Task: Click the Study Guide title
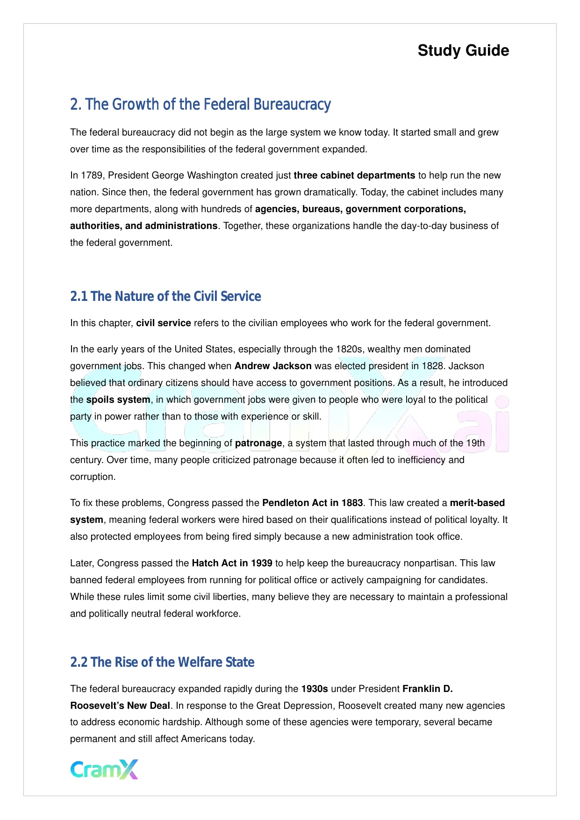pos(463,50)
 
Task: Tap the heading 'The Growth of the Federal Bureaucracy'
pos(200,104)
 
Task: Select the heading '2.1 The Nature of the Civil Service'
pos(165,296)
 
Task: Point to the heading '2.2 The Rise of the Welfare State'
pos(162,662)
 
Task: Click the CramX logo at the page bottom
pos(104,769)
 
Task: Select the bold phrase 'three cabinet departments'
pos(354,176)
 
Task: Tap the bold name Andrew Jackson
pos(273,366)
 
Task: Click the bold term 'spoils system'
pos(118,400)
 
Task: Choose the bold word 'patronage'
pos(258,443)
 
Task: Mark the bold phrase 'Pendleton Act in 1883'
pos(313,503)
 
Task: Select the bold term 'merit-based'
pos(477,503)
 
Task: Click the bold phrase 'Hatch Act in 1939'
pos(232,563)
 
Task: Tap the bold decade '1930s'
pos(315,689)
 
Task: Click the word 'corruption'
pos(92,477)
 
